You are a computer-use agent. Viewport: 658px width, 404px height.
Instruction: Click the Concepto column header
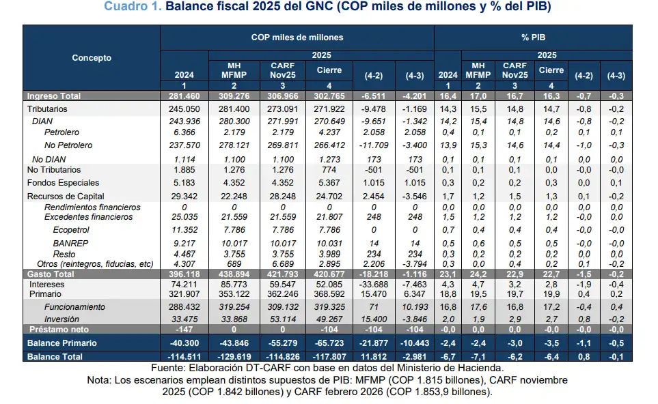coord(92,58)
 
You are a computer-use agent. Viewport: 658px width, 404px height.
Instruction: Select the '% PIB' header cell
coord(533,37)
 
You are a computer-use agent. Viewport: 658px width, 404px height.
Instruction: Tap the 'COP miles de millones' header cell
coord(297,37)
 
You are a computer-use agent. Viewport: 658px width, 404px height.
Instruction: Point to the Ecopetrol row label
coord(72,230)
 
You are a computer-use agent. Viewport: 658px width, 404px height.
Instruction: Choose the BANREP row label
coord(69,242)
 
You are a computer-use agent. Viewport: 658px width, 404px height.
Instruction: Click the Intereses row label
coord(46,283)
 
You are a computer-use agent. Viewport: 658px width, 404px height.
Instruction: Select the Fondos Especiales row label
coord(63,183)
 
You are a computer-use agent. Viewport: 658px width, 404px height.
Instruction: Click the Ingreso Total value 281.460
coord(184,97)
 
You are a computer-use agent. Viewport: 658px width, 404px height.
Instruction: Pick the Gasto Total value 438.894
coord(234,274)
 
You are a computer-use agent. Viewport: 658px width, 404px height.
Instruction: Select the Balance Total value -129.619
coord(234,357)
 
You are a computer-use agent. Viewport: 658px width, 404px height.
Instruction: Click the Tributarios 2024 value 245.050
coord(184,109)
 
